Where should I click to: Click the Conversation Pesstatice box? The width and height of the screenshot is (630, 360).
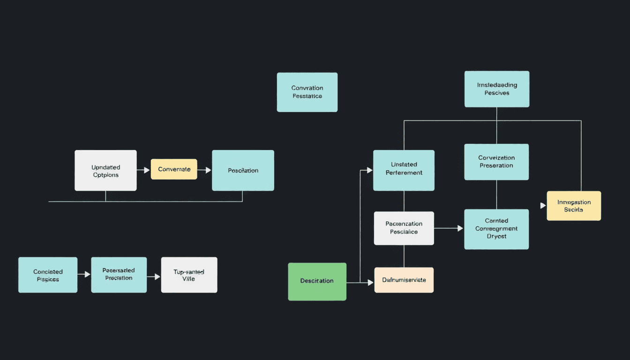click(307, 92)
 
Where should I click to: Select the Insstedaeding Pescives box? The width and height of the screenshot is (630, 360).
click(497, 89)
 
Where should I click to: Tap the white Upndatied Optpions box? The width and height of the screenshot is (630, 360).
click(105, 170)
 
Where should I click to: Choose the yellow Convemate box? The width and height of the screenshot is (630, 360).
click(174, 169)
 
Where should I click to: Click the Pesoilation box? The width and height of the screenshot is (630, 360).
click(243, 170)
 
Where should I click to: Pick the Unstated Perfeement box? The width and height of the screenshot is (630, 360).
click(404, 170)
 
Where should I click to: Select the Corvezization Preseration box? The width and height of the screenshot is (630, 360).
click(496, 162)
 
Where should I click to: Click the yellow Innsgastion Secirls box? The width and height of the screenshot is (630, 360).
click(574, 206)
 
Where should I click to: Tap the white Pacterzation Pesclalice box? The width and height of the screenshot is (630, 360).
click(404, 228)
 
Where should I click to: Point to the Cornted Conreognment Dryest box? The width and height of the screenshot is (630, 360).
click(496, 229)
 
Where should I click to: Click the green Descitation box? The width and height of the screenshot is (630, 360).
click(317, 281)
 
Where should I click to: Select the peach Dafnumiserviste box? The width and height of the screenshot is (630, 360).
click(404, 280)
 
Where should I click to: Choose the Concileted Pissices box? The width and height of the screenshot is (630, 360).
click(48, 275)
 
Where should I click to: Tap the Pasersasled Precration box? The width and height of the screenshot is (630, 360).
click(119, 275)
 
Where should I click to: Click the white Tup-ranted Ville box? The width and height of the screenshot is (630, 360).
click(189, 275)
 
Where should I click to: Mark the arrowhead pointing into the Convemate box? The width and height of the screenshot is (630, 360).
click(147, 170)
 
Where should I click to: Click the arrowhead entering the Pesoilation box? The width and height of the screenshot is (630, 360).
click(209, 170)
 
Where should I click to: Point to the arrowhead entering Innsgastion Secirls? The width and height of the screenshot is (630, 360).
click(543, 205)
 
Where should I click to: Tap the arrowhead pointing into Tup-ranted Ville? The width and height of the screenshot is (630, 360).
click(157, 277)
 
